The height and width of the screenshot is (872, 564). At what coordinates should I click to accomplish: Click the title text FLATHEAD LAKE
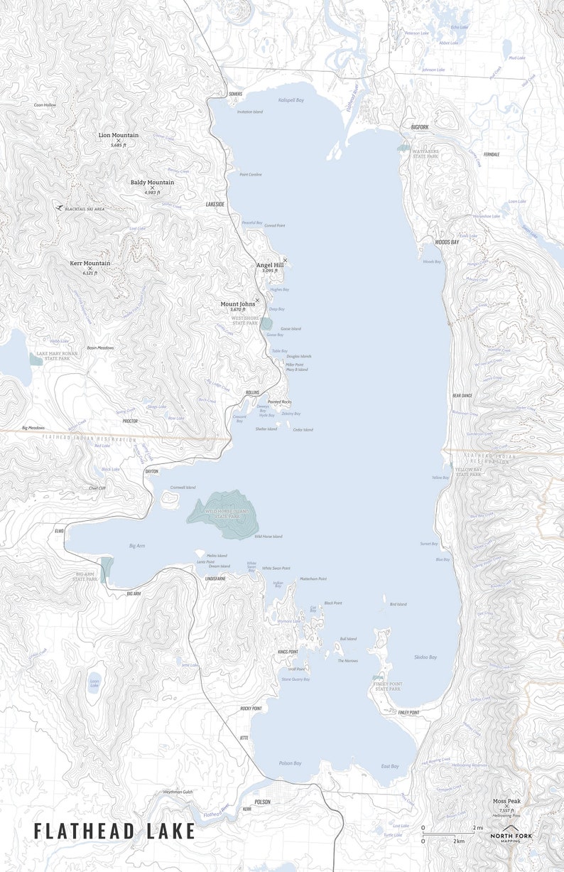tap(114, 831)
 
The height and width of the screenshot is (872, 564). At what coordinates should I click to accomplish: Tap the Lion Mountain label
tap(119, 135)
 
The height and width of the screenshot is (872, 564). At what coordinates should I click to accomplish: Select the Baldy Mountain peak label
tap(152, 183)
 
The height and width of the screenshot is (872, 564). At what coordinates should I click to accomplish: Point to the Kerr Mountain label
tap(90, 264)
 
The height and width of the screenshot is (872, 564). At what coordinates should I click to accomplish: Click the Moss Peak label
tap(506, 801)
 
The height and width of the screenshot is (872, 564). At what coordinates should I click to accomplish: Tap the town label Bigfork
tap(420, 127)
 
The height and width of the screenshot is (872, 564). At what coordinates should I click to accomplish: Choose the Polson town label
tap(263, 802)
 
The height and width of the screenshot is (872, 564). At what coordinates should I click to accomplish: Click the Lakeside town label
tap(215, 204)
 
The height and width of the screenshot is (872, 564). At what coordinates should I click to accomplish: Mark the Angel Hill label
tap(270, 265)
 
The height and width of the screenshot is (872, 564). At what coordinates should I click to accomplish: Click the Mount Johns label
tap(237, 304)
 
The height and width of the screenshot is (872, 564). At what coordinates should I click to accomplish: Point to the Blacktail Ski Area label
tap(85, 209)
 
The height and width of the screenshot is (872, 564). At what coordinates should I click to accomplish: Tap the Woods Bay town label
tap(447, 242)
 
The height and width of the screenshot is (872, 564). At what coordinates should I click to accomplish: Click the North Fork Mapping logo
tap(511, 836)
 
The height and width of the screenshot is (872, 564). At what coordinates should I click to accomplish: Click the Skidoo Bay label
tap(425, 657)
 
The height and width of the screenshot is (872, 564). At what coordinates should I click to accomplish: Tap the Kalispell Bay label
tap(291, 100)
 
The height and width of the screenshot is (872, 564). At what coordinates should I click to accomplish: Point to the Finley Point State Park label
tap(387, 687)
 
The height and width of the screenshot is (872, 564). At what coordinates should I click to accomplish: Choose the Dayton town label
tap(152, 471)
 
